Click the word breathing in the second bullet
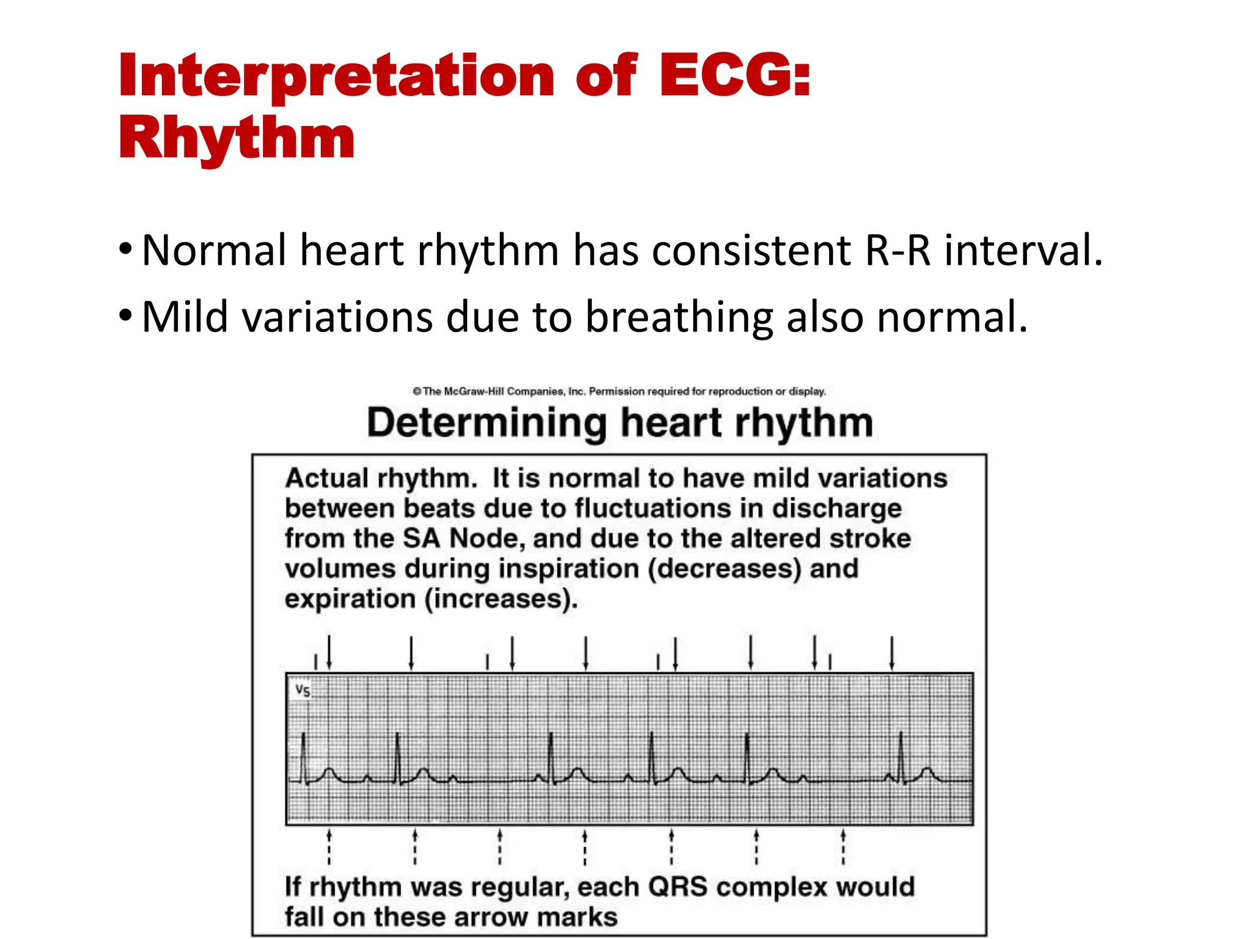click(679, 317)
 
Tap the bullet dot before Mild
click(125, 316)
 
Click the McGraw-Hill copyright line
click(619, 391)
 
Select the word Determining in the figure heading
click(487, 423)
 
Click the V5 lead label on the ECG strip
click(303, 691)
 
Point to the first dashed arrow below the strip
click(329, 847)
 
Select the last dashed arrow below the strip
click(843, 847)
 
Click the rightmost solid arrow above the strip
click(892, 653)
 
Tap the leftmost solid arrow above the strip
click(330, 653)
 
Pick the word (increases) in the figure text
click(501, 598)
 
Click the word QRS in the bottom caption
click(677, 887)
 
